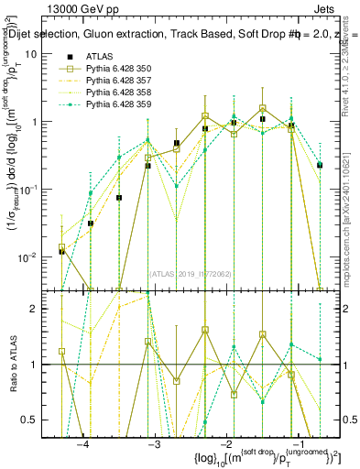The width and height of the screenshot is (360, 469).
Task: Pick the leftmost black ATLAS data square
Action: pos(61,251)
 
